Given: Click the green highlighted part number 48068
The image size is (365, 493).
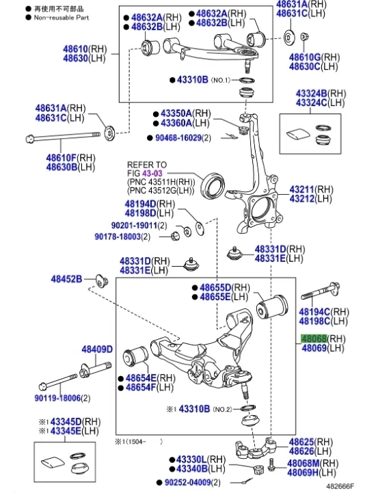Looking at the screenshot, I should click(314, 338).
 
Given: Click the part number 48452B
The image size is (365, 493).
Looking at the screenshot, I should click(66, 279).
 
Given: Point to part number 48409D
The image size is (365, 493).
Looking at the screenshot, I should click(96, 349).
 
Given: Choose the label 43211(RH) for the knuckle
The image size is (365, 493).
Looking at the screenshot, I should click(311, 189).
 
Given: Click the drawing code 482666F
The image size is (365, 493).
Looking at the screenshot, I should click(340, 486).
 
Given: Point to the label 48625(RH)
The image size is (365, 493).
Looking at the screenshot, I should click(310, 442).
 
